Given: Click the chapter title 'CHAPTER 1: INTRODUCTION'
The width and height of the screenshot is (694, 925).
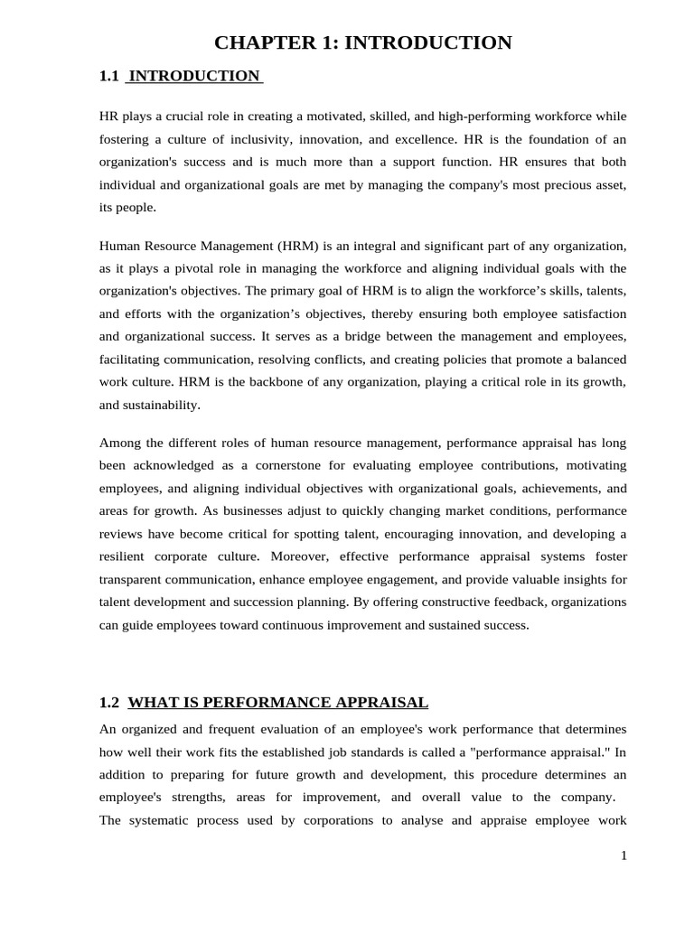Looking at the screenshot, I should tap(362, 42).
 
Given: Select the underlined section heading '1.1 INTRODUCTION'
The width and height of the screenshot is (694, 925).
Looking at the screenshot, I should tap(181, 77).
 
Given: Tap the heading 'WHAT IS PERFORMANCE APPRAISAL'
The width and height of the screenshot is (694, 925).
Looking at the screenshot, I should tap(278, 703).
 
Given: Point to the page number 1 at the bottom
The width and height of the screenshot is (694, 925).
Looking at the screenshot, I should tap(623, 855).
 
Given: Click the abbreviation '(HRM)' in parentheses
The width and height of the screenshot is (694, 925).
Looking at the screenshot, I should tap(299, 246).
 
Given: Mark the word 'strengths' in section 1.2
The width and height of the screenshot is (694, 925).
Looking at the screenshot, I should tap(197, 797).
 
